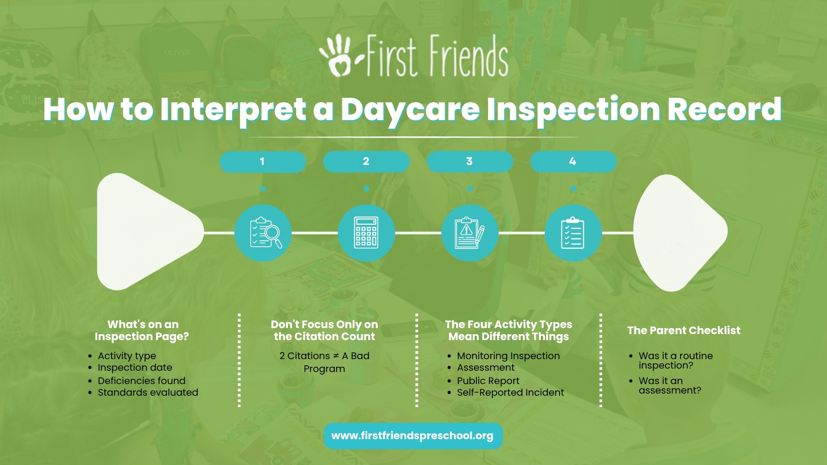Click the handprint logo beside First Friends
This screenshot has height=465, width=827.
pyautogui.click(x=338, y=55)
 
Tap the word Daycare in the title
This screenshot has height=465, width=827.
pyautogui.click(x=410, y=110)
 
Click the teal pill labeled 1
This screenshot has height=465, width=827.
pyautogui.click(x=263, y=161)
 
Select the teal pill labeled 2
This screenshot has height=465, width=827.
pyautogui.click(x=366, y=161)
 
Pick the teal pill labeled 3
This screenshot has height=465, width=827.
pyautogui.click(x=469, y=161)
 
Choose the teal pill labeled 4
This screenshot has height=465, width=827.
pyautogui.click(x=573, y=161)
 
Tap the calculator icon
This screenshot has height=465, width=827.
pyautogui.click(x=366, y=233)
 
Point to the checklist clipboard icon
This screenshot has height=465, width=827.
pyautogui.click(x=573, y=233)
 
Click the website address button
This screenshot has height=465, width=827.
pyautogui.click(x=413, y=436)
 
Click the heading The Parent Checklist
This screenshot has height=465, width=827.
pyautogui.click(x=684, y=330)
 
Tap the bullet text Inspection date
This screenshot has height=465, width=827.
pyautogui.click(x=135, y=368)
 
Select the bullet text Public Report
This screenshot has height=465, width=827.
pyautogui.click(x=488, y=381)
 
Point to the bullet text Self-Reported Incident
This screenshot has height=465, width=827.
pyautogui.click(x=510, y=393)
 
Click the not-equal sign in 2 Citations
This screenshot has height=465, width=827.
pyautogui.click(x=336, y=356)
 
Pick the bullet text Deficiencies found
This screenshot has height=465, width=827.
pyautogui.click(x=141, y=381)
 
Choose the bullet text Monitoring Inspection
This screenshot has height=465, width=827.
pyautogui.click(x=508, y=356)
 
